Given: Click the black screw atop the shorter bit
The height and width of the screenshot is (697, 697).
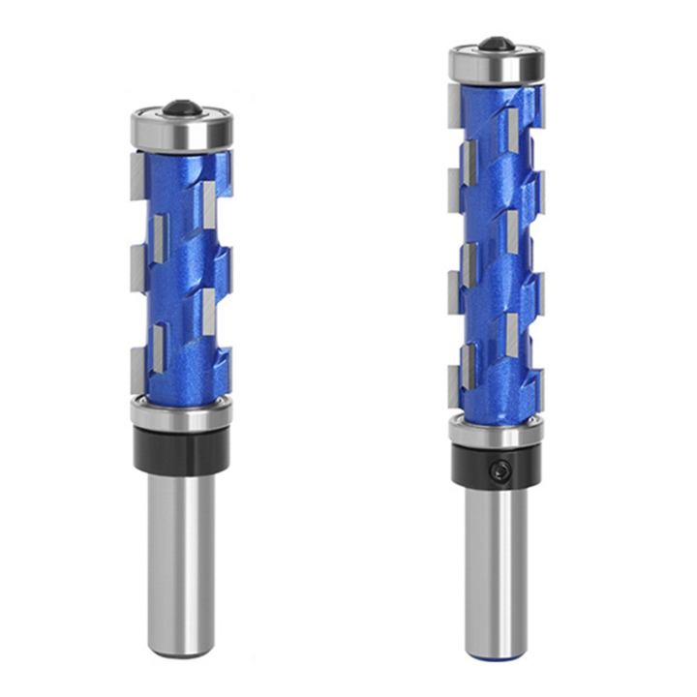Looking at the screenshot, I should pyautogui.click(x=181, y=106).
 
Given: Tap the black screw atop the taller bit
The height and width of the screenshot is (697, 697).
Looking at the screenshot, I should pyautogui.click(x=497, y=44).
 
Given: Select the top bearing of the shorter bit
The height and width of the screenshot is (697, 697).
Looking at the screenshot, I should pyautogui.click(x=182, y=131).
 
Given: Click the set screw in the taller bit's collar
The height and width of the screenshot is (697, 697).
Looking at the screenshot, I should pyautogui.click(x=499, y=470).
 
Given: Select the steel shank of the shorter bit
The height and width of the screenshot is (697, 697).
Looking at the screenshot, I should pyautogui.click(x=181, y=561).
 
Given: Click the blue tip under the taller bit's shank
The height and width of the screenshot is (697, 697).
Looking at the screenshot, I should pyautogui.click(x=496, y=655).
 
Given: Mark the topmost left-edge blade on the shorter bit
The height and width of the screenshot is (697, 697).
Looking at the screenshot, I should pyautogui.click(x=136, y=174).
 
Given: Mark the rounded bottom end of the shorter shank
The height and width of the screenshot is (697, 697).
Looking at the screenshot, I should pyautogui.click(x=181, y=651).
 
